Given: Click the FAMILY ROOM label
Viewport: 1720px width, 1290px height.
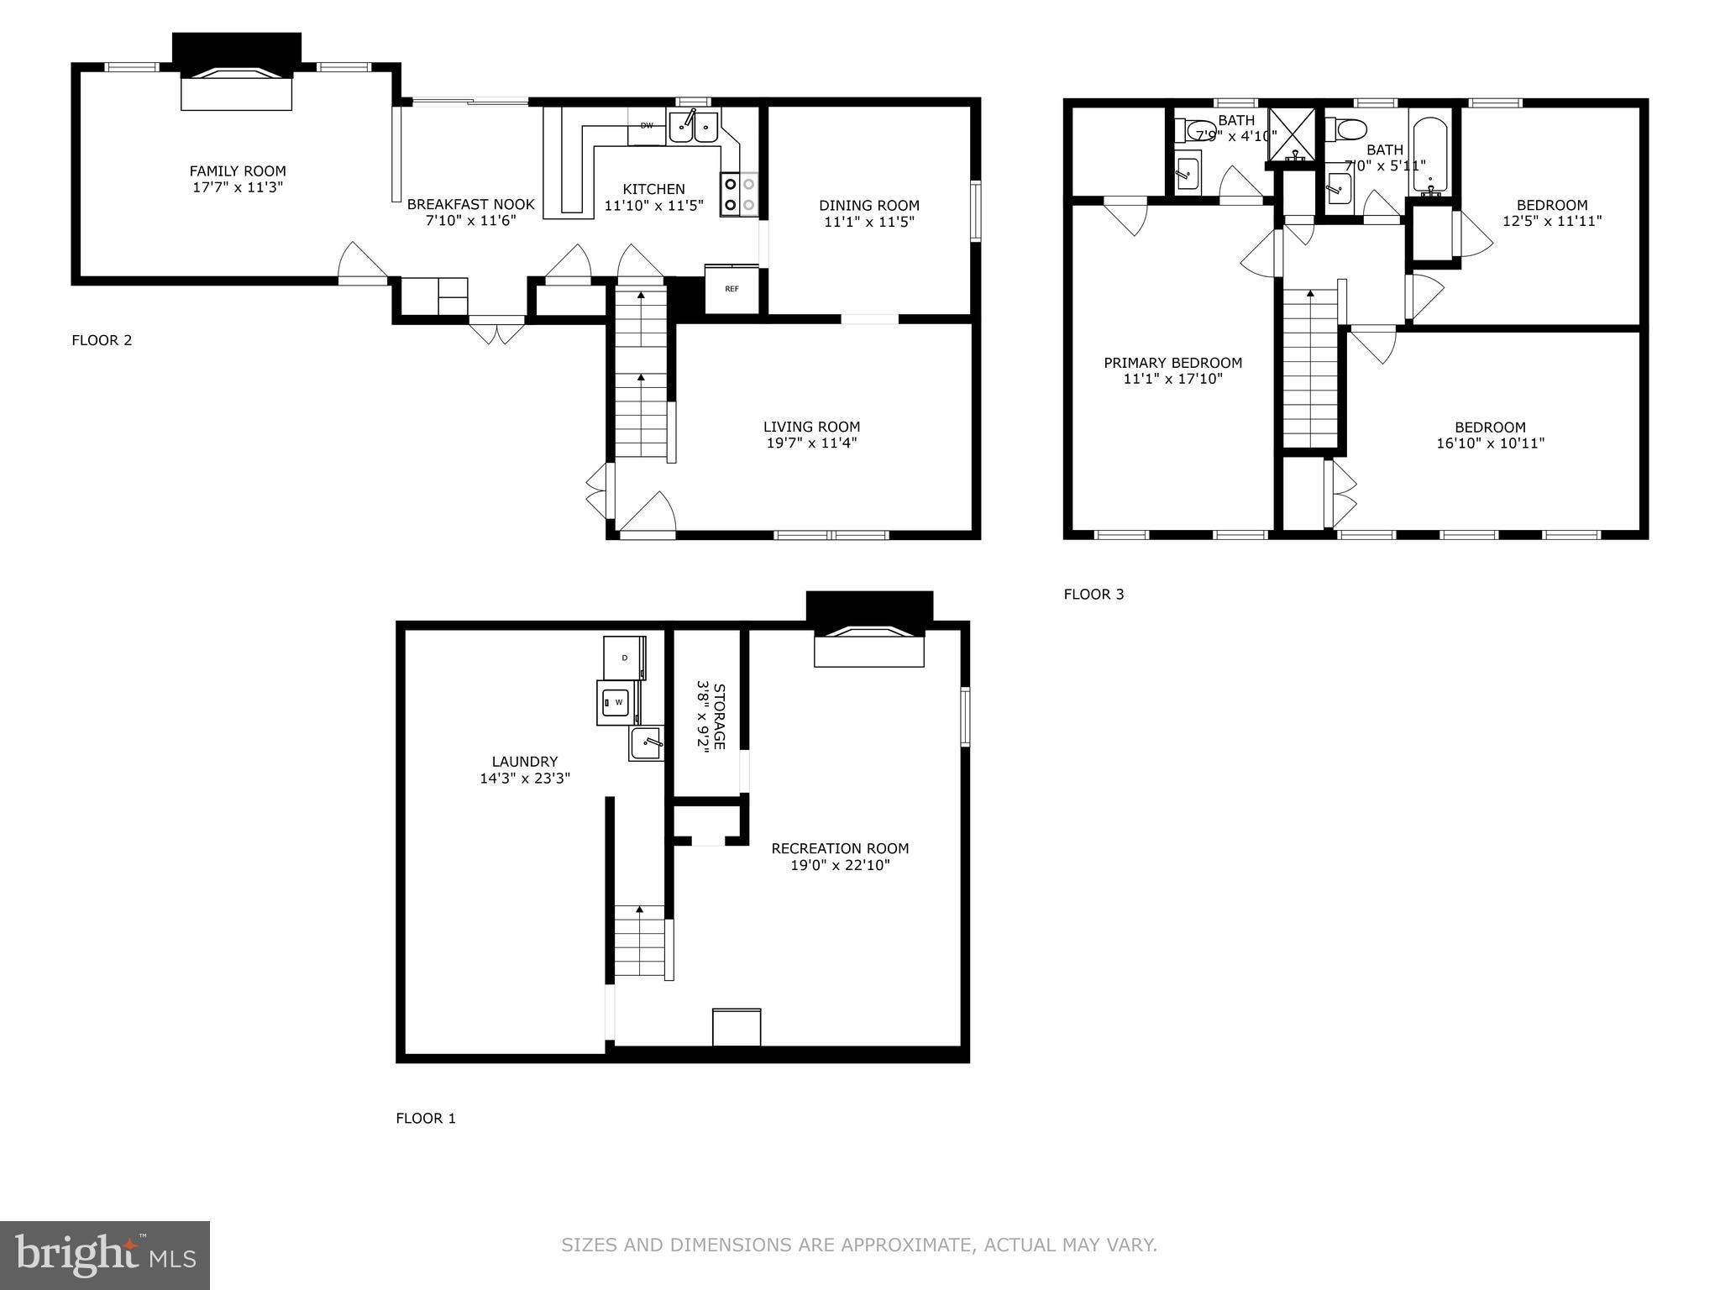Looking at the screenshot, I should click(238, 171).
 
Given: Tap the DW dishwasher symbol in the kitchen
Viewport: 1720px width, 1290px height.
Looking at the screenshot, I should click(647, 126).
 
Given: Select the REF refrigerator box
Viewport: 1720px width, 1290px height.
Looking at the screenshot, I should click(732, 290).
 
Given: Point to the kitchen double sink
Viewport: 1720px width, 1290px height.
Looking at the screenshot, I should click(694, 128).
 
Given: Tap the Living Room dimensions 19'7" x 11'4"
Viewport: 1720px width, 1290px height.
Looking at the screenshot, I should click(811, 443).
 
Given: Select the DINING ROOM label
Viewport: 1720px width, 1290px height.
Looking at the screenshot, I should click(869, 205).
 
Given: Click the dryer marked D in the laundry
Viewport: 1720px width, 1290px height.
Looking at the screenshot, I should click(625, 658).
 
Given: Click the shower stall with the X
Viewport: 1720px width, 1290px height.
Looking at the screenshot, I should click(1294, 134).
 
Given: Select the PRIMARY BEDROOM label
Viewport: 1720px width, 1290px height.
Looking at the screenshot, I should click(1172, 363).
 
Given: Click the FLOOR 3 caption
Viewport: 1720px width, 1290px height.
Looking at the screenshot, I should click(1093, 595).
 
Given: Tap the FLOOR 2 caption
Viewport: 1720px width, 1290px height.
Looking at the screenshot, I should click(102, 340).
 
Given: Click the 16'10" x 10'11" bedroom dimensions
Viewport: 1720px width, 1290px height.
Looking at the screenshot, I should click(1490, 443).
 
